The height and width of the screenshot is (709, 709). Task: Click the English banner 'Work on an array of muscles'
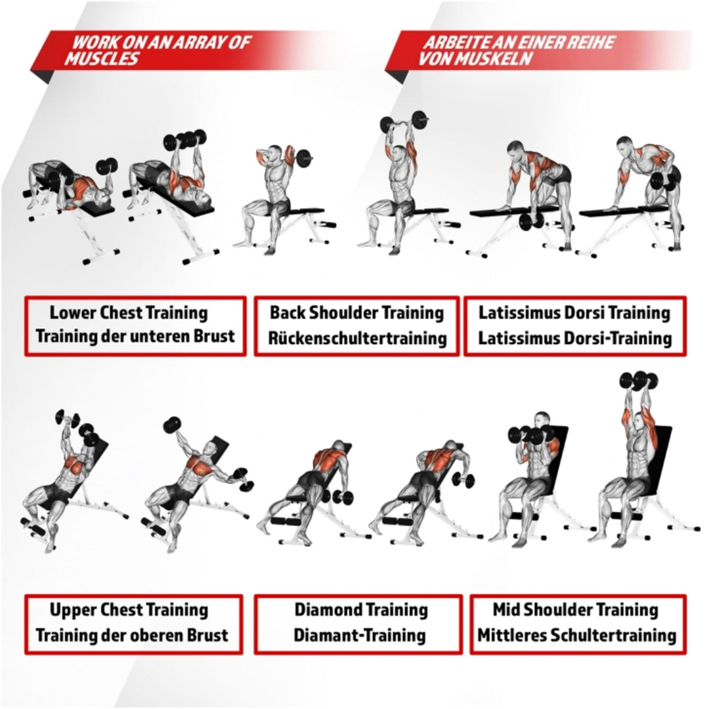tap(158, 51)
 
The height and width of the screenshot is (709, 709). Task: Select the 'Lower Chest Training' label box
tap(135, 326)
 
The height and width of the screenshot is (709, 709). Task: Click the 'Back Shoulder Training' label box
tap(356, 326)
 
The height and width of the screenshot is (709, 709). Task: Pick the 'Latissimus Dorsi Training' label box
tap(574, 326)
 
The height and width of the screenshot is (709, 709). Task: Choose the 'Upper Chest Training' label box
tap(134, 624)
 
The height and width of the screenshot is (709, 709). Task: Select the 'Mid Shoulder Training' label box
tap(575, 624)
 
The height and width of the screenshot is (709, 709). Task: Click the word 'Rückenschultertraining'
tap(356, 339)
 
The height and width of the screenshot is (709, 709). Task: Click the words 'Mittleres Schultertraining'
tap(576, 635)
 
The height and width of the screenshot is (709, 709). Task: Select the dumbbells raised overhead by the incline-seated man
tap(638, 381)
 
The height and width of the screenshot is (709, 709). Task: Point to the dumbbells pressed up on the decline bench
tap(184, 139)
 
